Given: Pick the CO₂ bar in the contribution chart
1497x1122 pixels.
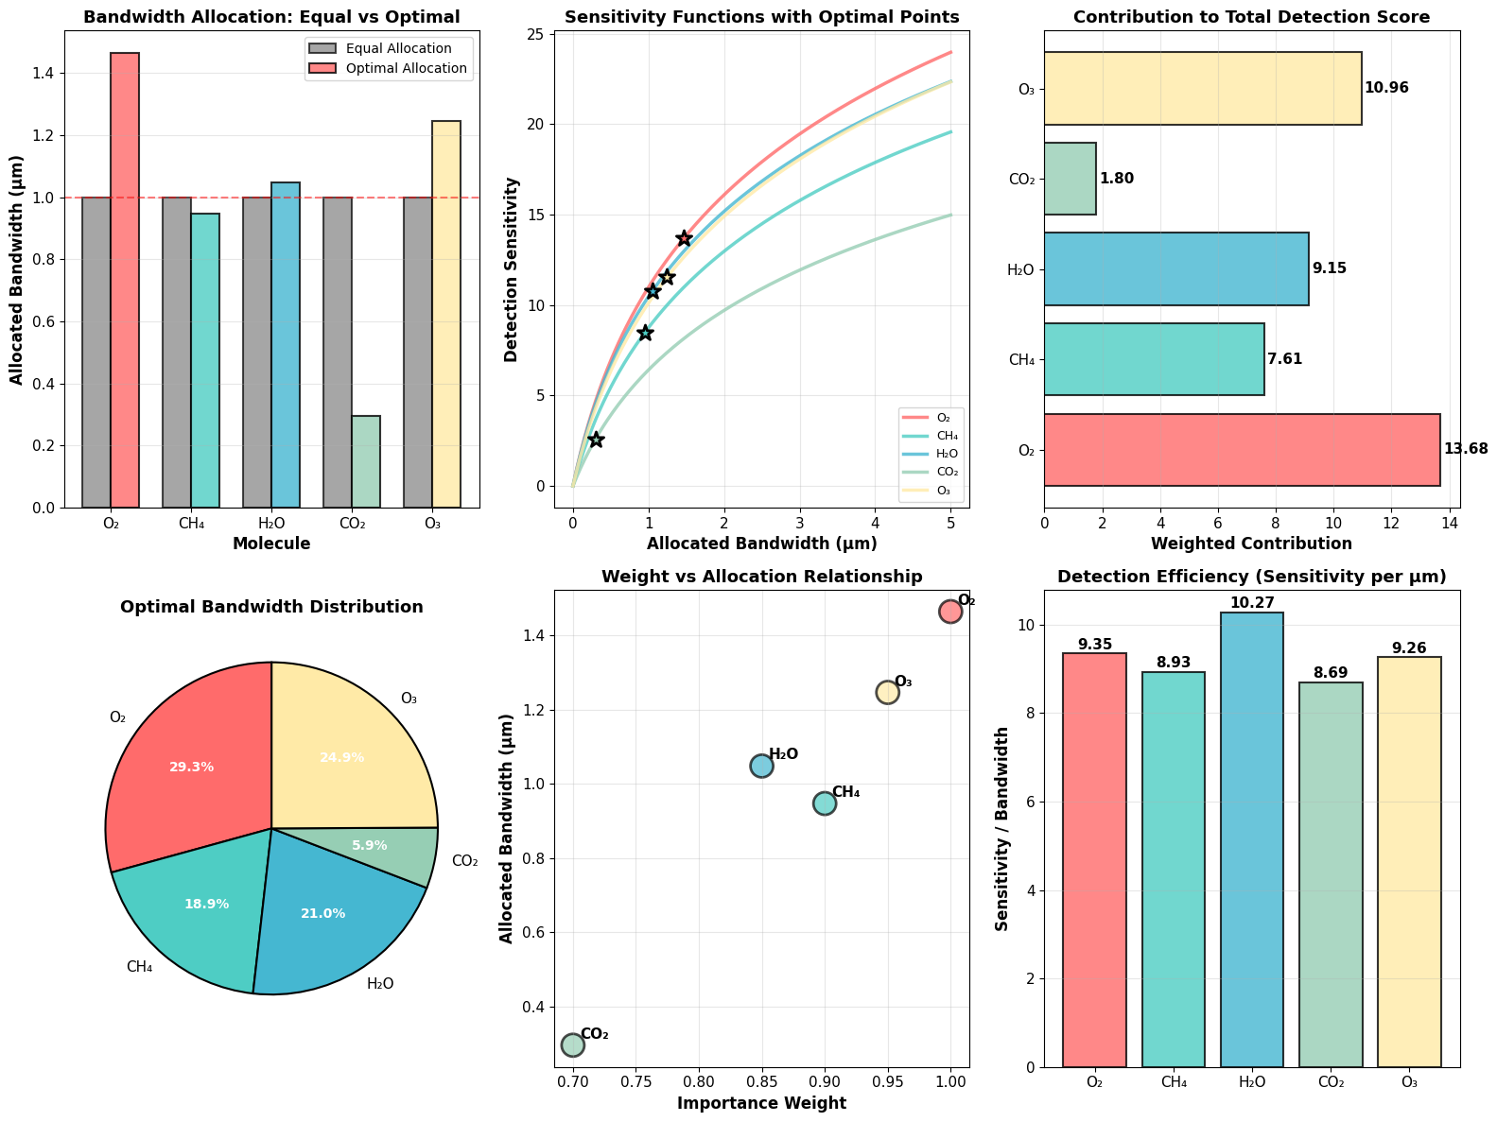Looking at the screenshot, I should click(1071, 179).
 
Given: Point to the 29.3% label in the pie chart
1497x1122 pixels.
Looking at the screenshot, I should click(191, 767).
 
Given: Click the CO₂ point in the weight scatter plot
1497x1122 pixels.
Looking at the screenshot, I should click(573, 1044).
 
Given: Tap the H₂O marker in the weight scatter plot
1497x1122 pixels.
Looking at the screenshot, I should click(761, 766).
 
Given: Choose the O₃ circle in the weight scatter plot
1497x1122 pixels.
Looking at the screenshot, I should click(887, 692).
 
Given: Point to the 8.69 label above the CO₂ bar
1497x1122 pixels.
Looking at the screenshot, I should click(1331, 673).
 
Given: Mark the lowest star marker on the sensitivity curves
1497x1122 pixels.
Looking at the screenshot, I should click(596, 440).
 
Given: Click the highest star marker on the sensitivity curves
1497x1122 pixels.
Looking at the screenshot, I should click(684, 238).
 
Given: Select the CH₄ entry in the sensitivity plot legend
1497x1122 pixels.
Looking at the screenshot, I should click(932, 436).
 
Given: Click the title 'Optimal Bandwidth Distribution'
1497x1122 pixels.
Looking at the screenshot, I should click(271, 607).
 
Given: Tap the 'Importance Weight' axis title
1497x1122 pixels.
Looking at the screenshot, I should click(761, 1103).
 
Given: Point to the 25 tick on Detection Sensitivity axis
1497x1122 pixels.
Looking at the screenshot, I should click(537, 34).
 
